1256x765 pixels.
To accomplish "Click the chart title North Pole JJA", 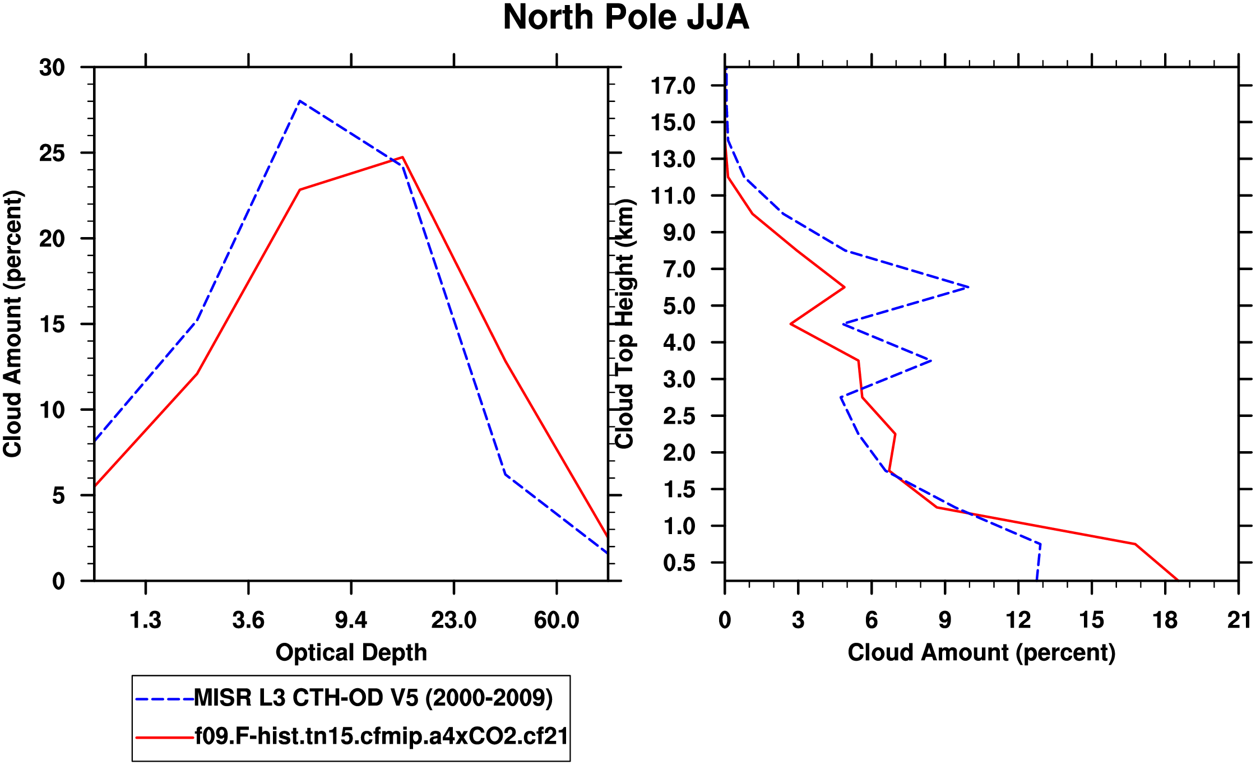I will pyautogui.click(x=625, y=18).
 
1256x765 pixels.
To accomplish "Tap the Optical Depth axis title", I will pyautogui.click(x=351, y=653).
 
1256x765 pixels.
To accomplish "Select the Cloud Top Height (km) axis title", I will pyautogui.click(x=624, y=324).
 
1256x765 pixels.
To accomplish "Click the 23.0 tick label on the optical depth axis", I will pyautogui.click(x=453, y=620).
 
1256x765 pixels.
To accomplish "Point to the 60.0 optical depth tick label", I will pyautogui.click(x=556, y=620).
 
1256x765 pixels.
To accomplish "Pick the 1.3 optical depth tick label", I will pyautogui.click(x=146, y=620).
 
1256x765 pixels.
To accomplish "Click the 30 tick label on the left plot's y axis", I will pyautogui.click(x=52, y=68).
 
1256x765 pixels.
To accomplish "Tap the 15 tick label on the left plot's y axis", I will pyautogui.click(x=52, y=324).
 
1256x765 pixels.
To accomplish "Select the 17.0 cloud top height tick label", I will pyautogui.click(x=673, y=86).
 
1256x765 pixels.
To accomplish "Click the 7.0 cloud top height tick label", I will pyautogui.click(x=679, y=270).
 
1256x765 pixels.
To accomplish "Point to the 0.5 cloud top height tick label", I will pyautogui.click(x=679, y=563).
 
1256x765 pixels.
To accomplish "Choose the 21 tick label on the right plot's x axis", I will pyautogui.click(x=1239, y=620).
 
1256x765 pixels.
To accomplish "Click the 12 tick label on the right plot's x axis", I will pyautogui.click(x=1018, y=620).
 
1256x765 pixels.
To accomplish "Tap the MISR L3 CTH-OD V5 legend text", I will pyautogui.click(x=373, y=698).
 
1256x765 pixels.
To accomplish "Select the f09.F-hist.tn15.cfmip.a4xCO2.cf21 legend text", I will pyautogui.click(x=381, y=736).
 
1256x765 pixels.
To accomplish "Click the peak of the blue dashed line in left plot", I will pyautogui.click(x=300, y=101).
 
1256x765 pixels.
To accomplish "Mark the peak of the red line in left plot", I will pyautogui.click(x=402, y=157).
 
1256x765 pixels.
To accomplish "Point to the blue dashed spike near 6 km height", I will pyautogui.click(x=968, y=288).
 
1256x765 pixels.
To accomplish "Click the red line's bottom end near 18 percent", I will pyautogui.click(x=1177, y=580).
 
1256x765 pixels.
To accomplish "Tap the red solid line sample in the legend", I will pyautogui.click(x=164, y=738).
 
